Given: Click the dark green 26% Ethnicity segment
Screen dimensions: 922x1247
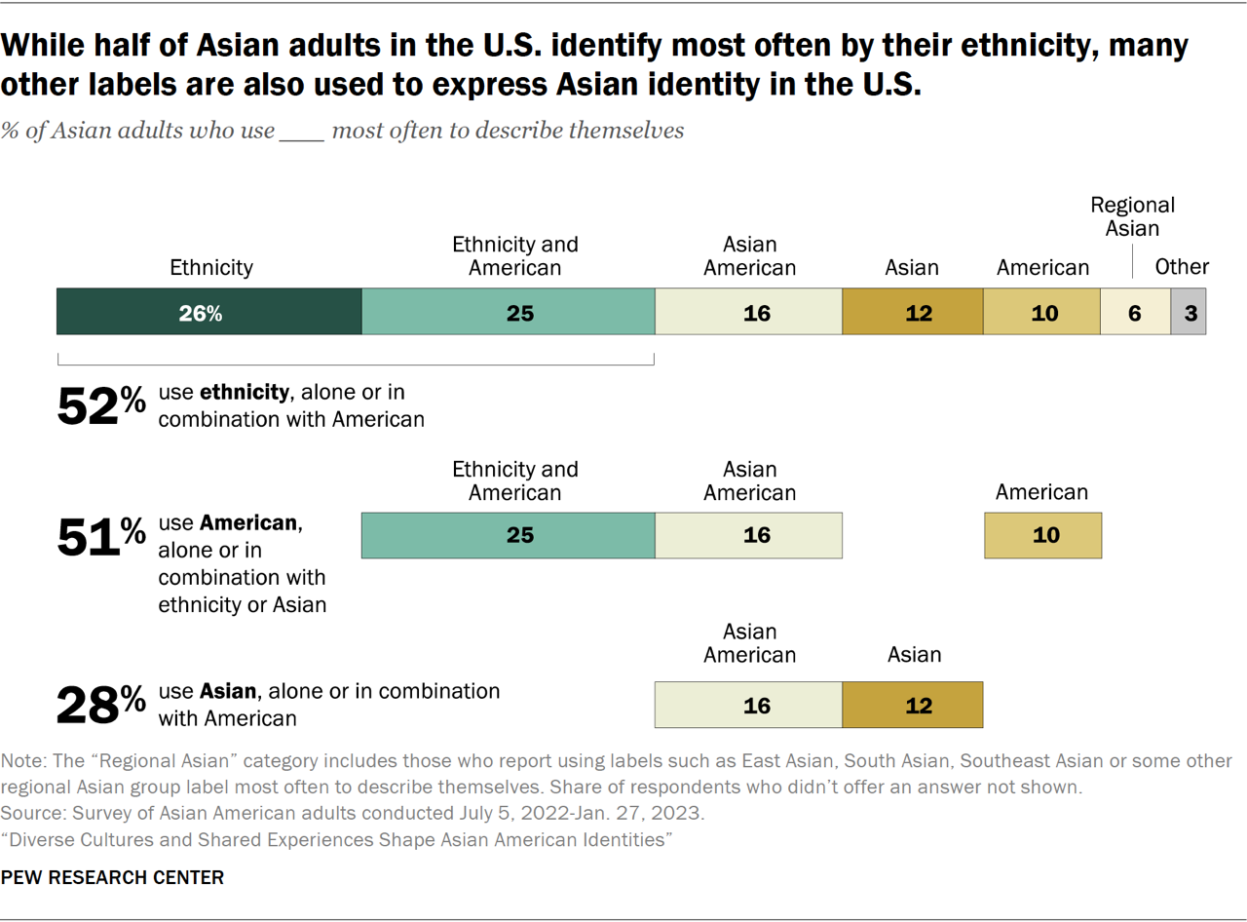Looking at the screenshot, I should tap(209, 313).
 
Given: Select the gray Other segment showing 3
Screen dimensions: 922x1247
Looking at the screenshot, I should tap(1188, 313).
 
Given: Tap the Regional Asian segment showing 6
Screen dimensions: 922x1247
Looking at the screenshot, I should tap(1135, 313).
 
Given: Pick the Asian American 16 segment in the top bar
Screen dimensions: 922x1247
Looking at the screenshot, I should tap(748, 313).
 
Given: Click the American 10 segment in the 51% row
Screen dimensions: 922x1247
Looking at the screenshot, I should tap(1042, 535).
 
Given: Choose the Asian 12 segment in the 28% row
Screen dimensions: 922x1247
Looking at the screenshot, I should tap(913, 705).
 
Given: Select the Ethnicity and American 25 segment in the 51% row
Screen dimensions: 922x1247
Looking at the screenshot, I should tap(508, 535).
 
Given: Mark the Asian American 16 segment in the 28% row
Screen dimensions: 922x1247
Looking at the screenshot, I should tap(748, 705).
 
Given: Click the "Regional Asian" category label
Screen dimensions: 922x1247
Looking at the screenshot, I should tap(1132, 216).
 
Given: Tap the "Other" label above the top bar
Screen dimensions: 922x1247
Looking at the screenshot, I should tap(1182, 266).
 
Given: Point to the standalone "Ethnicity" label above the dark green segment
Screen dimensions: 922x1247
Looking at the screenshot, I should tap(211, 266).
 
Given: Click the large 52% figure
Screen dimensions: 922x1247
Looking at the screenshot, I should tap(101, 406).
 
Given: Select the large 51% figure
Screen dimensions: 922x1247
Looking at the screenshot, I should tap(101, 538).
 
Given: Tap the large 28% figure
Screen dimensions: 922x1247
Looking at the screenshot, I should tap(101, 705).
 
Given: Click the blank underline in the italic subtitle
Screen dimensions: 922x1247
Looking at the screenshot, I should tap(302, 131).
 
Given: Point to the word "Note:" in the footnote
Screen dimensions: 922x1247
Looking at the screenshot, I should tap(23, 761).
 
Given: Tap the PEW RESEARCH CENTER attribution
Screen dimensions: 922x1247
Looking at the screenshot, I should tap(112, 877).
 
